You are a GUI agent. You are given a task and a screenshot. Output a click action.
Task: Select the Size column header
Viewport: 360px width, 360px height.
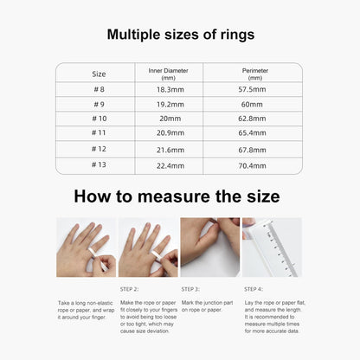coord(99,74)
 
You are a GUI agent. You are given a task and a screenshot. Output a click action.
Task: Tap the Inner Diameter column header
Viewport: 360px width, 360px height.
coord(169,74)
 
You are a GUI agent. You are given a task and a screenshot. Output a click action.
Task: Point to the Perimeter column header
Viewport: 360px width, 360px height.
coord(255,74)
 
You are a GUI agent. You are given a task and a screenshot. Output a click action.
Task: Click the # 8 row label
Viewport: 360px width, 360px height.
coord(99,89)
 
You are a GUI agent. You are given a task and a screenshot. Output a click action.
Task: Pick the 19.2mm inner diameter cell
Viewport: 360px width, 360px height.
coord(170,105)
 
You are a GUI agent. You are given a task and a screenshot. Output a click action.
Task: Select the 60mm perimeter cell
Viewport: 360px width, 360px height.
coord(252,105)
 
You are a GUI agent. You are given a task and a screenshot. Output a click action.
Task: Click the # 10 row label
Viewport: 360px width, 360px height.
coord(100,119)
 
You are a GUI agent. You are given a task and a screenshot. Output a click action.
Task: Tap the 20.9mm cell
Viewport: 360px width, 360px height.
coord(170,133)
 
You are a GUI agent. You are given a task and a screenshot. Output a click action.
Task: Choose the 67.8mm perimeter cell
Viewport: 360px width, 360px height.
coord(252,150)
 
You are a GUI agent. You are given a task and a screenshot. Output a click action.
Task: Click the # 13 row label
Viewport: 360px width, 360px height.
coord(99,164)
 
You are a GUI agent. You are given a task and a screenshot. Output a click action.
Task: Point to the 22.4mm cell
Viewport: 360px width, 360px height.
coord(170,166)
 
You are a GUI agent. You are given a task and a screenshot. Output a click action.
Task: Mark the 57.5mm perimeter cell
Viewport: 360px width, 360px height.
coord(252,89)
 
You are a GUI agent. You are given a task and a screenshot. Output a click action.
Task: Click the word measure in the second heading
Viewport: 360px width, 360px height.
coord(174,196)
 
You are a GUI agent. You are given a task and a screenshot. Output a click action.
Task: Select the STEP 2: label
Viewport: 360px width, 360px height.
coord(129,289)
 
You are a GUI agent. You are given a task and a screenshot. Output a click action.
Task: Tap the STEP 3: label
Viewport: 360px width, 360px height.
coord(190,289)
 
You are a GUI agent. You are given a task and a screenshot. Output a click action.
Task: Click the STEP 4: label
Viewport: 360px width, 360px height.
coord(254,289)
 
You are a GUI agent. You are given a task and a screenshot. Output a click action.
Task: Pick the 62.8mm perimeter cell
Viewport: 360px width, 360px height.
coord(252,119)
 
